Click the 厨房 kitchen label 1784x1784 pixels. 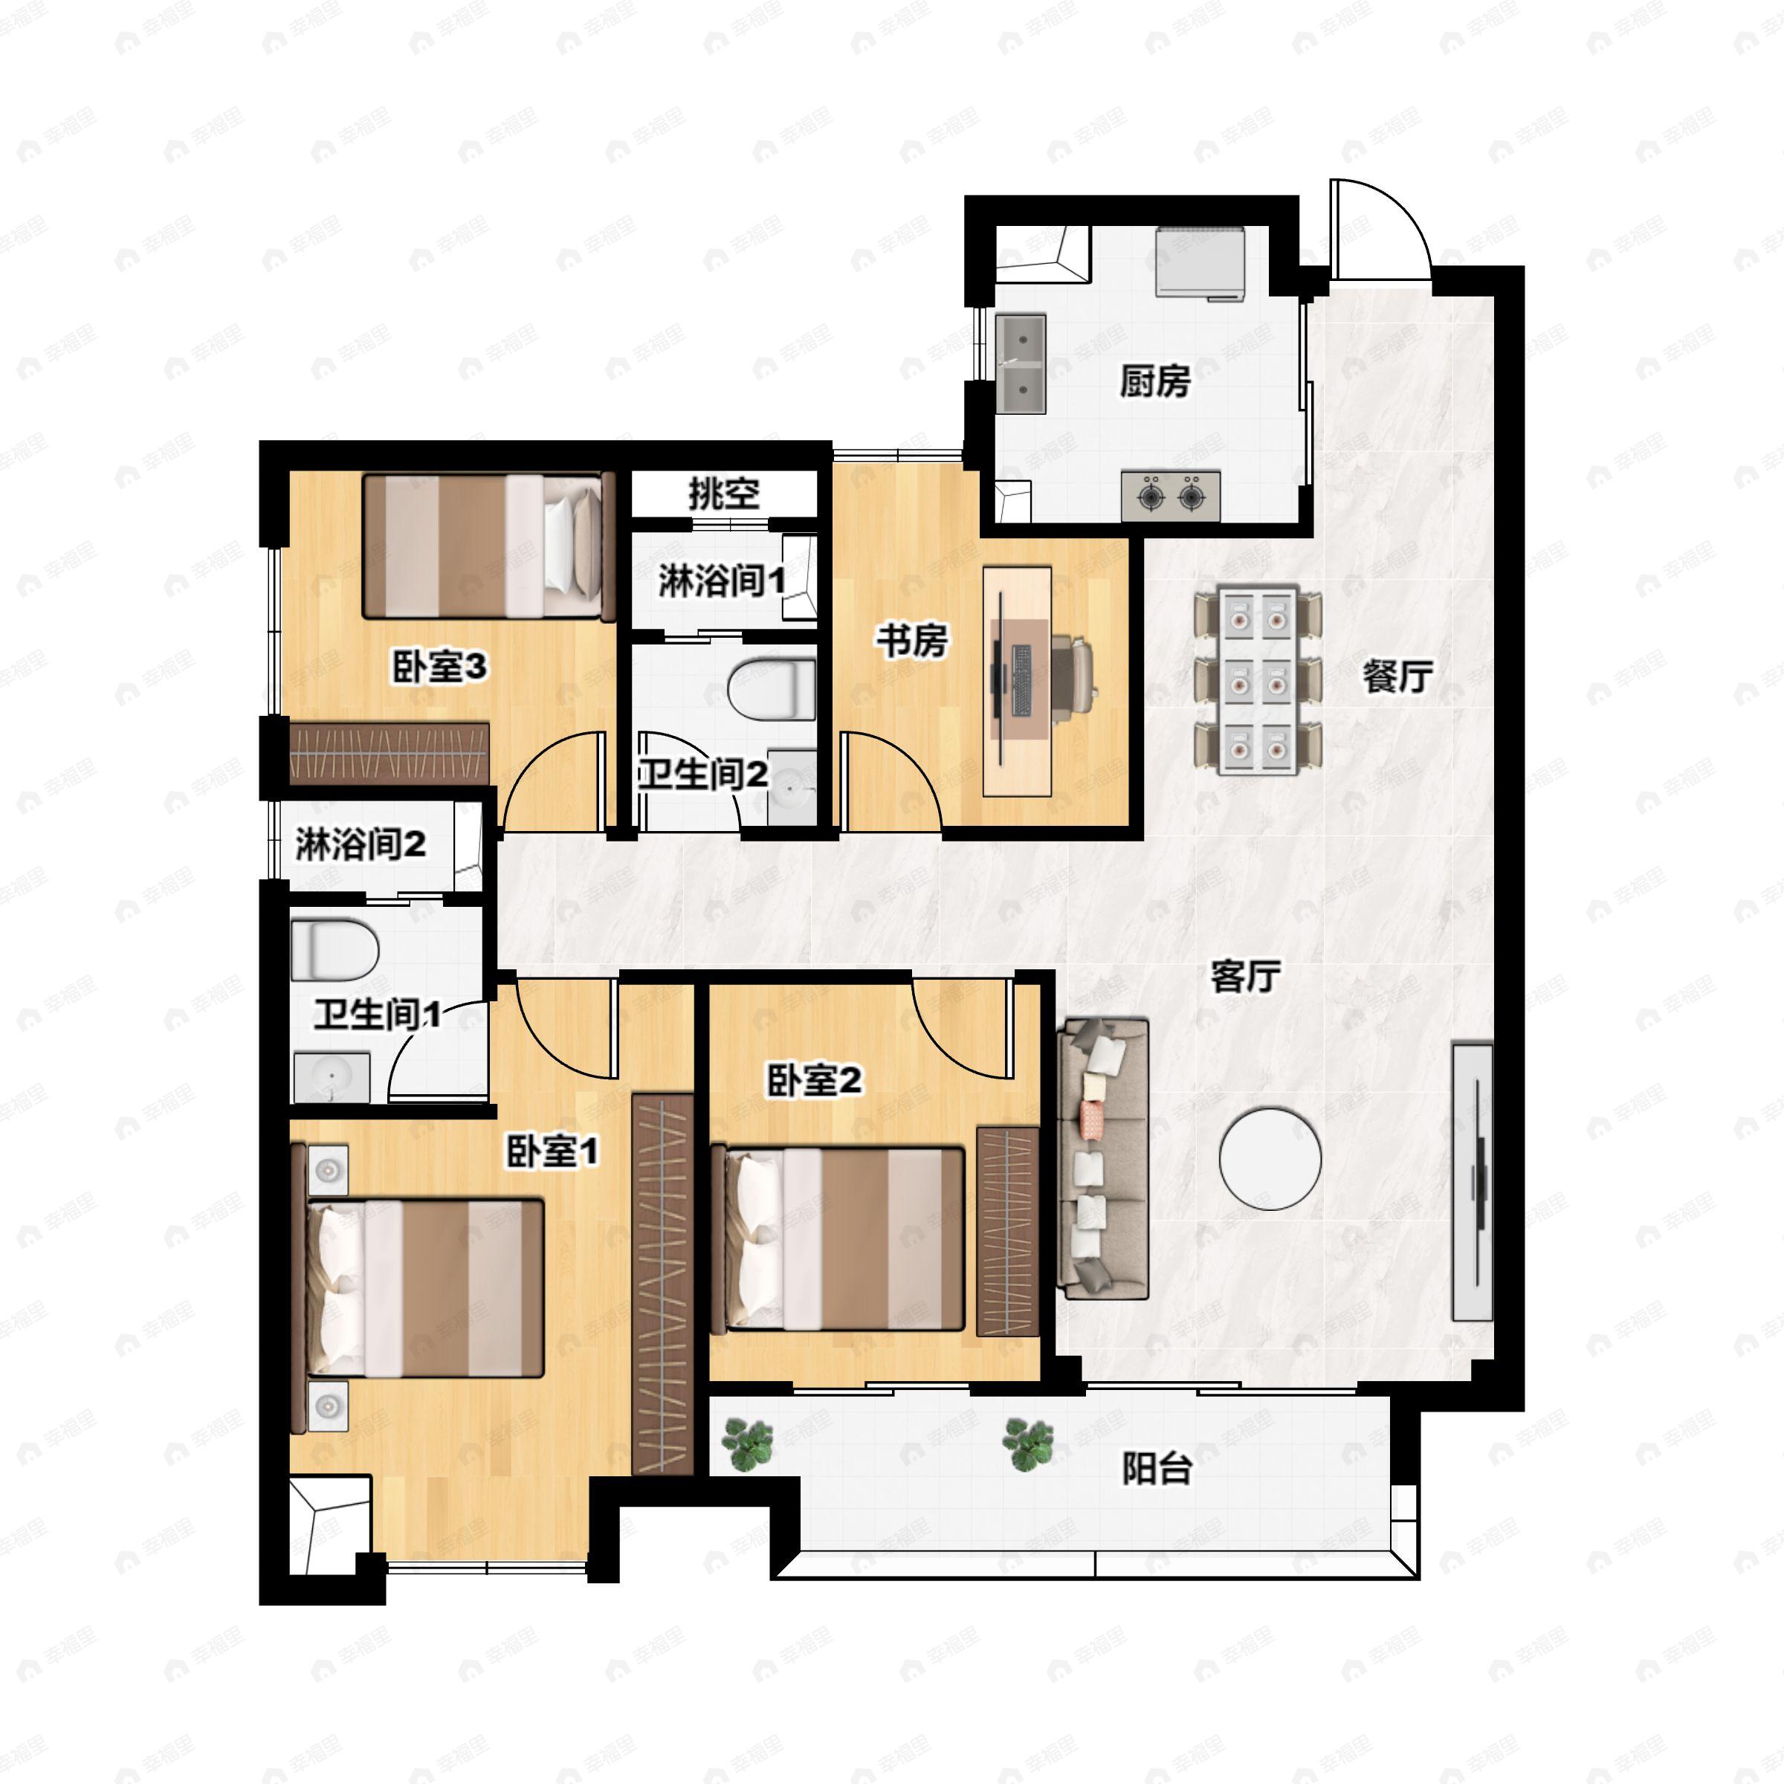1154,381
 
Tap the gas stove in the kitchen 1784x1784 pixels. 1171,496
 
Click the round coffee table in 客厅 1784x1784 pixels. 1270,1158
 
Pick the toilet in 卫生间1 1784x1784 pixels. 334,948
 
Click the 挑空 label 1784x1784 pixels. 724,494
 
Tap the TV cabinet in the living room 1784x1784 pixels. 1473,1181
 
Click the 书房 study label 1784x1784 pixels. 912,640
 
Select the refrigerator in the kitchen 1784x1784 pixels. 1200,263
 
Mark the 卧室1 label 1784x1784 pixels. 552,1151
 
